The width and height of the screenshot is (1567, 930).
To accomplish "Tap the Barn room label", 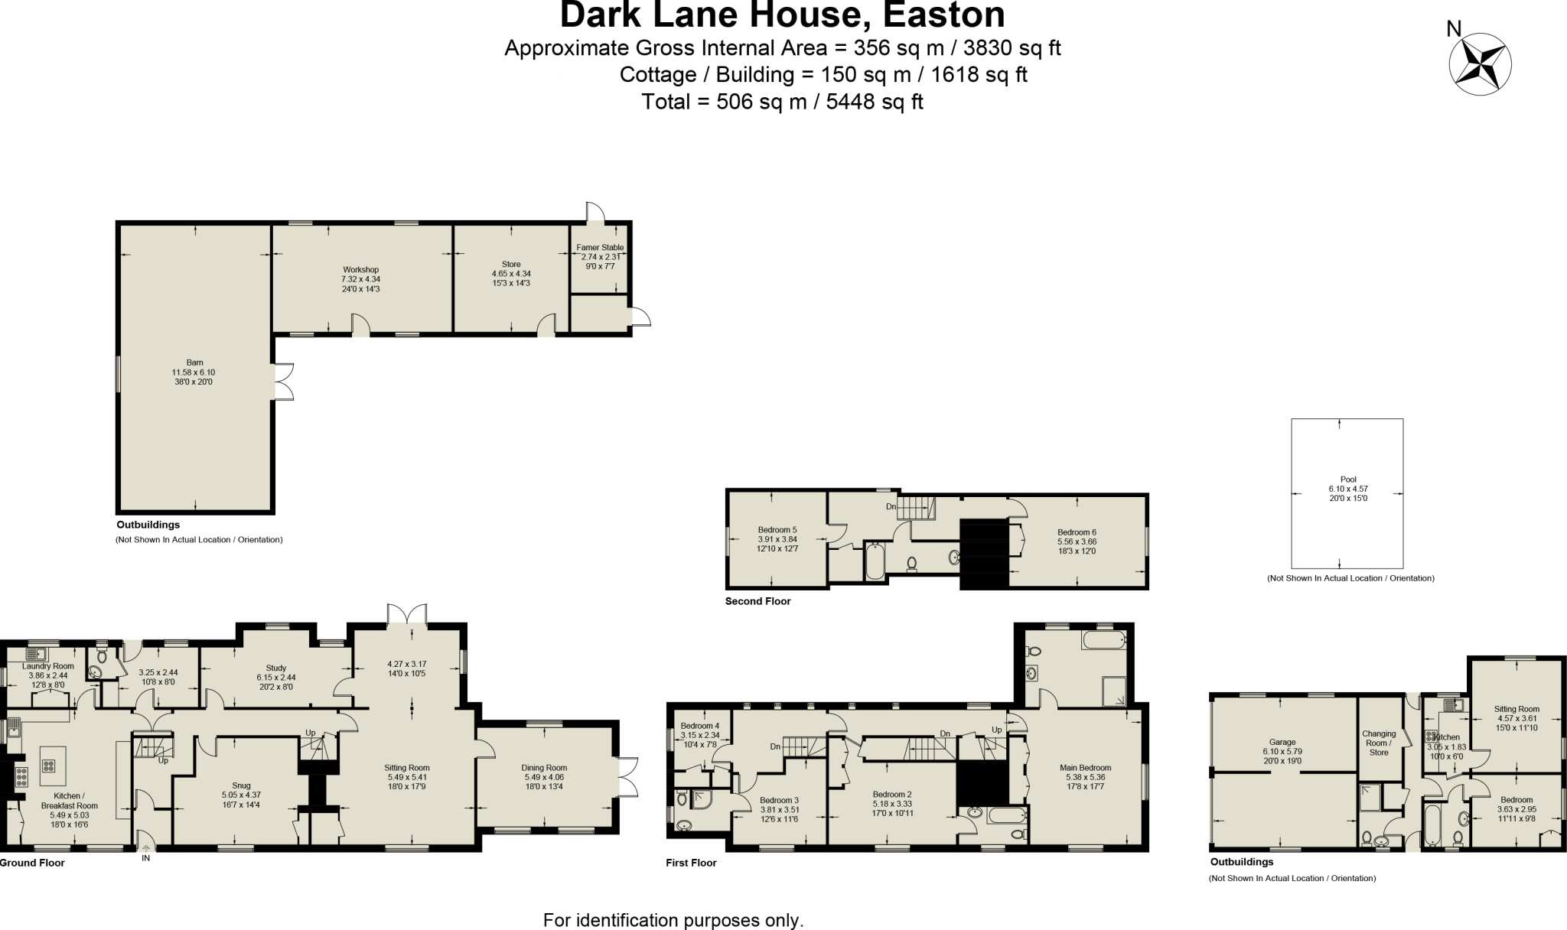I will pos(194,363).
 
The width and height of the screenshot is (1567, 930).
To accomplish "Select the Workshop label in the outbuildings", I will pos(360,270).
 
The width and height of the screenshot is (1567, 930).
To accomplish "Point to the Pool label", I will pos(1347,480).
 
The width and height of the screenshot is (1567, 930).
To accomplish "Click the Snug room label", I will pos(241,785).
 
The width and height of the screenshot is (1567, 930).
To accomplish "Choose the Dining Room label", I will pos(544,768).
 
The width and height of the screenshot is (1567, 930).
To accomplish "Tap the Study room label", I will pos(275,668).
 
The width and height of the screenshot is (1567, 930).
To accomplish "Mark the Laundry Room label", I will pos(48,666).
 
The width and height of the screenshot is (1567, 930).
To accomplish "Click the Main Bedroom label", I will pos(1085,768).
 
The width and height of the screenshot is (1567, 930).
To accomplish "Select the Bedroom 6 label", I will pos(1077,532).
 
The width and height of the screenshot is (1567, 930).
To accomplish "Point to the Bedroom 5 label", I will pos(777,530).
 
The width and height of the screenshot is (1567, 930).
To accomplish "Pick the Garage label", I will pos(1282,742).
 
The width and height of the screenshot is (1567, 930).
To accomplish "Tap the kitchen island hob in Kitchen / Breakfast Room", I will pos(49,766).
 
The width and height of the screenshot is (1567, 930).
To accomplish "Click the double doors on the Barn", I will pos(283,381).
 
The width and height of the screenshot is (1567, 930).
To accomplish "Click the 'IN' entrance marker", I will pos(145,859).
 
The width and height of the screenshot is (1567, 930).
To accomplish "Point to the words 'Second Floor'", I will pos(757,601).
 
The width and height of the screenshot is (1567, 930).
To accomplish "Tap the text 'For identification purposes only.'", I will pos(673,920).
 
